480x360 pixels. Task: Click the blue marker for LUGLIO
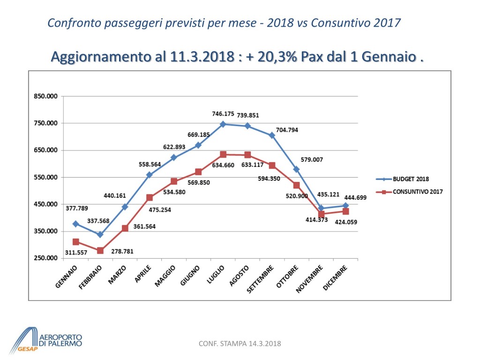(x=223, y=124)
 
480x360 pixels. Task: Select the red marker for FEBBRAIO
(x=100, y=250)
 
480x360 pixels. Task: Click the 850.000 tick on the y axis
(x=45, y=97)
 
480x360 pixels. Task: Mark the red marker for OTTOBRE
(x=297, y=185)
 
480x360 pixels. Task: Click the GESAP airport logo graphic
(x=26, y=339)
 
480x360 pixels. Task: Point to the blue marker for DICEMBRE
(x=346, y=205)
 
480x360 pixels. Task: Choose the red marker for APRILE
(x=150, y=198)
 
